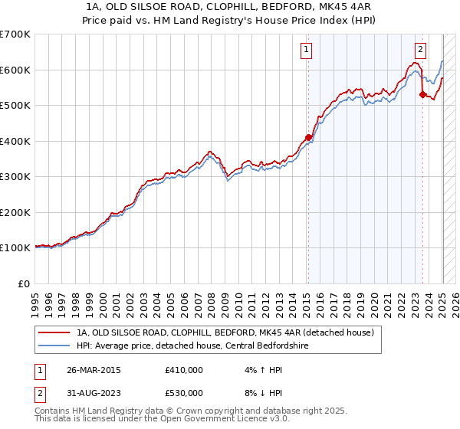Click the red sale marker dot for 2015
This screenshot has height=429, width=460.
(308, 138)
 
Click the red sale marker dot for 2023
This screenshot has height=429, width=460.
(422, 95)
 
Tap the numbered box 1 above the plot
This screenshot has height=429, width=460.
(306, 51)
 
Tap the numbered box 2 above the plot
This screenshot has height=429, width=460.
(420, 51)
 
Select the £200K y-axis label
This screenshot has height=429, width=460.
(15, 212)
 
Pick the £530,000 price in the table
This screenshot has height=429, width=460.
(183, 393)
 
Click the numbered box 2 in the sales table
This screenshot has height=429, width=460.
(40, 393)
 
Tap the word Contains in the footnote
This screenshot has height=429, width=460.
(54, 412)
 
